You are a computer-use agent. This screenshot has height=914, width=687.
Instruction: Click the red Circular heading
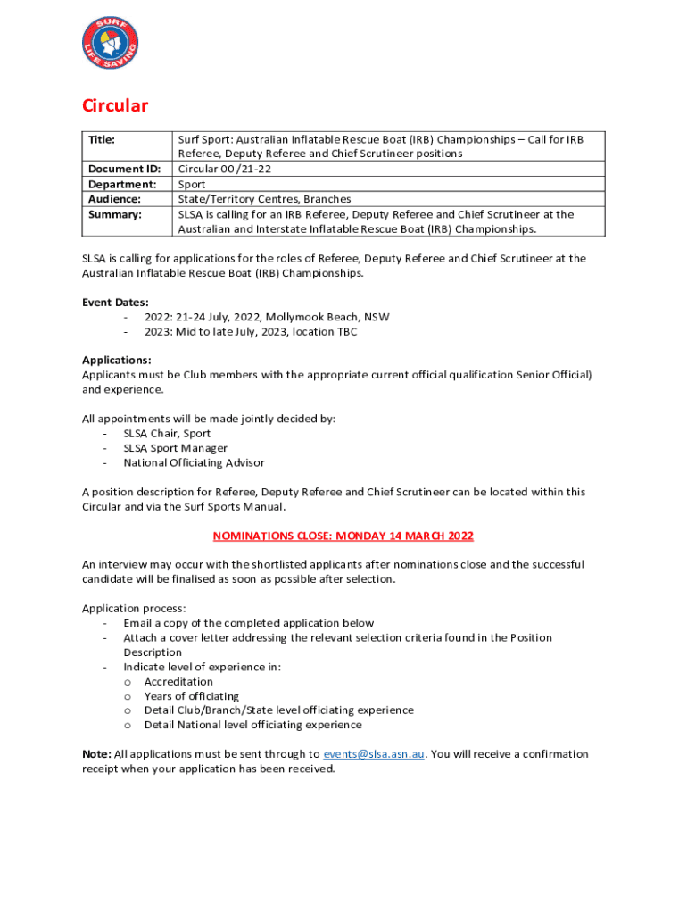coord(115,106)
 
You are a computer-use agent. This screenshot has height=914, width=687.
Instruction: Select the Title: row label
coord(103,140)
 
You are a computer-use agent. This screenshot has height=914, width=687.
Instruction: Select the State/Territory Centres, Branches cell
coord(264,199)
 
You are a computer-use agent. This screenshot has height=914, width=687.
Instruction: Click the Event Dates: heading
coord(115,302)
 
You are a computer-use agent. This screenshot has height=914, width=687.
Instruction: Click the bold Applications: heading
coord(117,361)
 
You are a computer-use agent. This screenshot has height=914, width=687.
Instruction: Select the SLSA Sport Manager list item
coord(175,448)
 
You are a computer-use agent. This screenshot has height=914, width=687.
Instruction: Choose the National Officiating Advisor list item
coord(194,462)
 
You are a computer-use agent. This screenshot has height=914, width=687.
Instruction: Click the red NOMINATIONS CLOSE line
coord(343,536)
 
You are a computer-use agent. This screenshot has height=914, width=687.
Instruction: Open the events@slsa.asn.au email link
coord(374,754)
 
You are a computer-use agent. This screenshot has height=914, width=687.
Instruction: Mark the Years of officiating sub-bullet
coord(191,696)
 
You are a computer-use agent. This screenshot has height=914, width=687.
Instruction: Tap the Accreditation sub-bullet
coord(178,681)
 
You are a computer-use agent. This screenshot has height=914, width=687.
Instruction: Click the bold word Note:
coord(96,754)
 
